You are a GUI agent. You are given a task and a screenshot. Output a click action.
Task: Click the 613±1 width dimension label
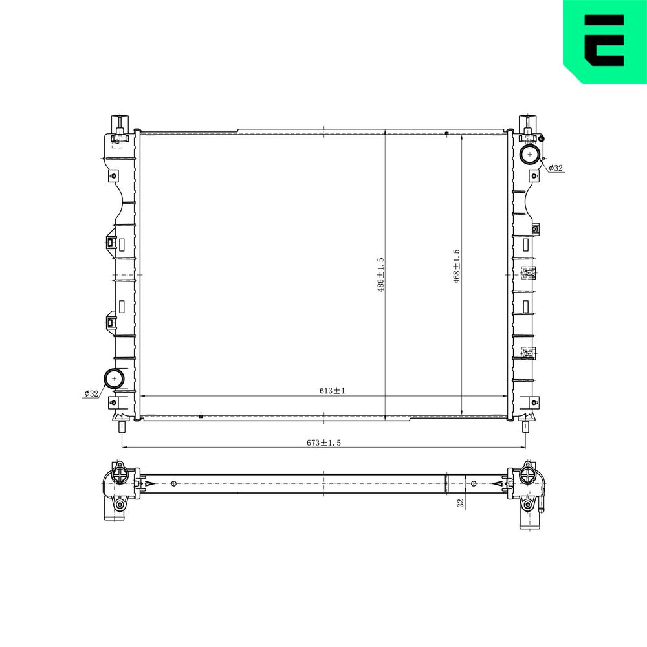click(x=332, y=390)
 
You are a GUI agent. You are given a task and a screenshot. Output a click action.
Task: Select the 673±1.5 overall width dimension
click(x=323, y=443)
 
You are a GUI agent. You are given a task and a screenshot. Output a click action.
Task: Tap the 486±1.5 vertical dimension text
click(x=380, y=275)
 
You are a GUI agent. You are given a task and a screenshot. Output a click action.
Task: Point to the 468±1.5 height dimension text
click(x=456, y=266)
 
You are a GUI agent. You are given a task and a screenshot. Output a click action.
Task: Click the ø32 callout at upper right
click(x=555, y=168)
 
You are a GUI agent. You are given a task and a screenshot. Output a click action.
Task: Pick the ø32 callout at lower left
click(x=91, y=393)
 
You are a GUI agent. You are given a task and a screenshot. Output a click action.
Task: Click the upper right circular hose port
click(x=530, y=155)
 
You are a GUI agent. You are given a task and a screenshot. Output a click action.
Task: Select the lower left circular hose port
click(x=114, y=378)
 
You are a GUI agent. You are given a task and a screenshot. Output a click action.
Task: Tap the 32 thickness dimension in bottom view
click(x=461, y=503)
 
